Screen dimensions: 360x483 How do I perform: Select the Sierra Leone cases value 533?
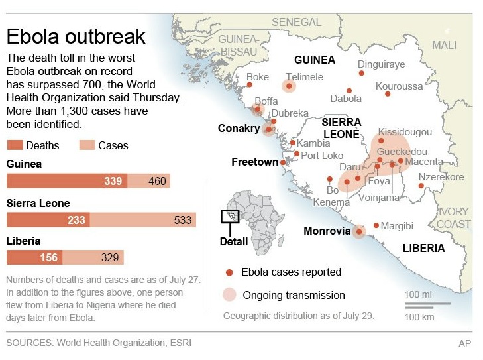point(182,220)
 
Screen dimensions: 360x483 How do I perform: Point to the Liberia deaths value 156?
point(48,258)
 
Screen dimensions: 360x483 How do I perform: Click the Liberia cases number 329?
point(109,258)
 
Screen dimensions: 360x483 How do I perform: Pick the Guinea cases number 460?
point(158,181)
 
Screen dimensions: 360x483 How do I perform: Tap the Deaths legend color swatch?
point(15,145)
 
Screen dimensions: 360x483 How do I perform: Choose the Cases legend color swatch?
point(87,145)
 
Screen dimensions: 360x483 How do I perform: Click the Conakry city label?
point(239,129)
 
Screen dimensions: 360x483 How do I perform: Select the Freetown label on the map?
point(254,162)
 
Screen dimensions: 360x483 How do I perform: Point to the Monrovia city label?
point(327,231)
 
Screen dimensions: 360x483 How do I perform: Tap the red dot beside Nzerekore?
point(421,186)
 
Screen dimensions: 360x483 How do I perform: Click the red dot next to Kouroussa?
point(388,94)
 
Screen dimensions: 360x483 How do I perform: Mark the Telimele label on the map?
point(304,77)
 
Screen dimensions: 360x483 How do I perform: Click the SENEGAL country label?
point(296,23)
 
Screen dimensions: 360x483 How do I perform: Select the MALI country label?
point(444,45)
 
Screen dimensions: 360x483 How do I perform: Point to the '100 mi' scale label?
point(419,294)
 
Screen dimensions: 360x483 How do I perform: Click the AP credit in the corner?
point(465,343)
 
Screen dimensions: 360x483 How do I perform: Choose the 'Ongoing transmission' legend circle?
point(229,295)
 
